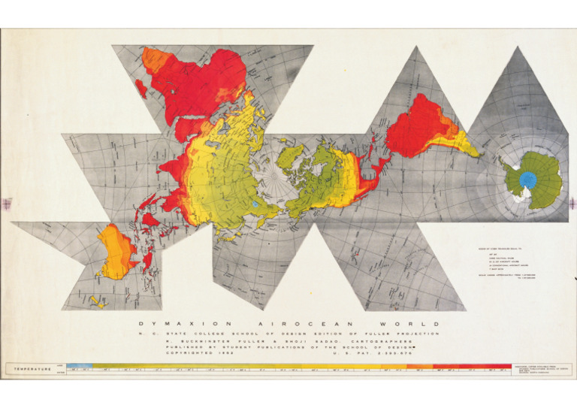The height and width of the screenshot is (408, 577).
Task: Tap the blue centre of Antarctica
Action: pos(529,179)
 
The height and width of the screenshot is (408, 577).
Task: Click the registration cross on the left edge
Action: pos(7,204)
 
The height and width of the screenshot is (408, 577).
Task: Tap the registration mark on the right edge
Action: pos(570,203)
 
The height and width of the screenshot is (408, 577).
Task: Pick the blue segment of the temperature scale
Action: pos(78,367)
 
